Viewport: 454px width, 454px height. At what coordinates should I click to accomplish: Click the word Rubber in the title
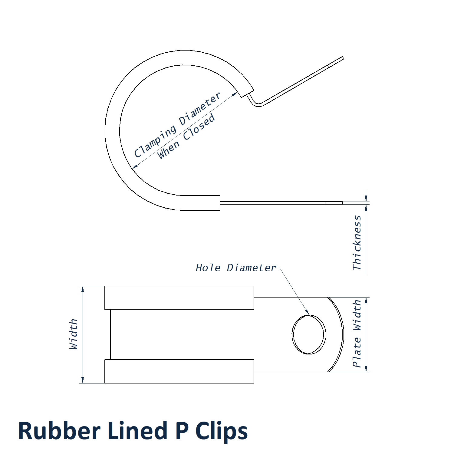point(59,430)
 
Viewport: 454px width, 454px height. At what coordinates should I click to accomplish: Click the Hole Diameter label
point(236,268)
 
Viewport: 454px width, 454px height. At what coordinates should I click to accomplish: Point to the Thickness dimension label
point(357,243)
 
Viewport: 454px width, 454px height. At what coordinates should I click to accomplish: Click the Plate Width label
point(357,334)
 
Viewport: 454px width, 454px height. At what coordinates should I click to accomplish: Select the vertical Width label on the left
point(74,334)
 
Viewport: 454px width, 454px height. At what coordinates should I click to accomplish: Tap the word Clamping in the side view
point(155,141)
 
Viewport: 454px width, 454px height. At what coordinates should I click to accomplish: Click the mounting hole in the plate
point(309,334)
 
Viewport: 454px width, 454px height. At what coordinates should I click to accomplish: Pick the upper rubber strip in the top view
point(179,298)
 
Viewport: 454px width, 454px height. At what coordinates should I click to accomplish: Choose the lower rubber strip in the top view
point(179,371)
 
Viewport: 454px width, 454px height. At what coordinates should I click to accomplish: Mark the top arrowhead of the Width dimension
point(83,289)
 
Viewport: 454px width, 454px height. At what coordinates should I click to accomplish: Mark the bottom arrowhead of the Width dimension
point(83,380)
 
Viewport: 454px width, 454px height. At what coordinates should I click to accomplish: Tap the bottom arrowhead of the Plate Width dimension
point(366,369)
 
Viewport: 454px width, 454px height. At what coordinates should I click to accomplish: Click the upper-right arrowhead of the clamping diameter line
point(235,94)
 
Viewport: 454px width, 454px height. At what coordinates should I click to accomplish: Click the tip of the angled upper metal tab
point(343,58)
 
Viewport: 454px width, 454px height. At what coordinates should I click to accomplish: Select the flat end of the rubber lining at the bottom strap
point(220,203)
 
